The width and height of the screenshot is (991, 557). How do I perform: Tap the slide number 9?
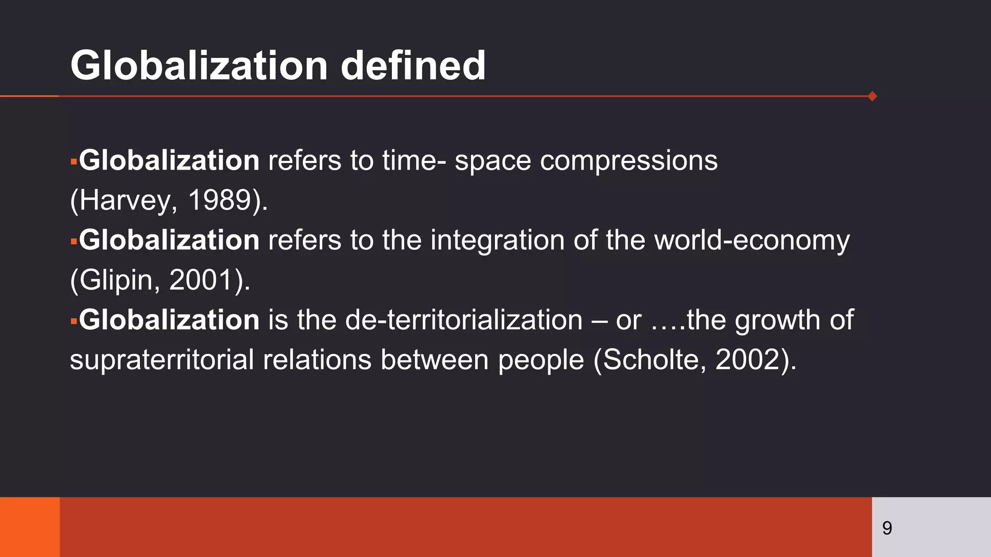click(x=887, y=528)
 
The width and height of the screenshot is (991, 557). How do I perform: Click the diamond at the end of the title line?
click(x=872, y=96)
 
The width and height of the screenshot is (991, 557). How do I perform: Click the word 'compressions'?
click(x=629, y=161)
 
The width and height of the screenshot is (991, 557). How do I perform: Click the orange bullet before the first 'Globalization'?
click(x=74, y=161)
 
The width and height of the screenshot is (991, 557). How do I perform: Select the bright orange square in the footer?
click(x=30, y=527)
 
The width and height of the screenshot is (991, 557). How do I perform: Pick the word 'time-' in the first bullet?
click(x=414, y=161)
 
